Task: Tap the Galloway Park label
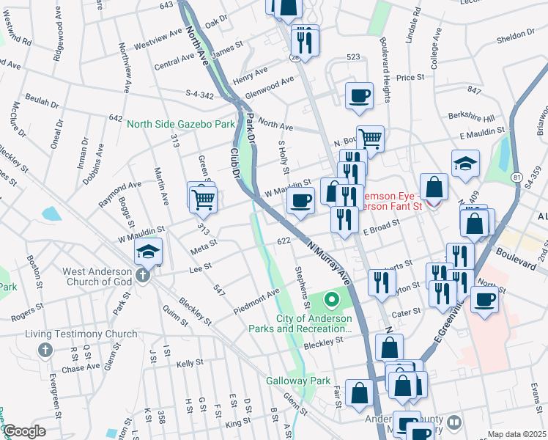pos(298,381)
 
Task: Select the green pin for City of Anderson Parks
pos(330,299)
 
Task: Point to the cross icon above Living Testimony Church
pos(45,350)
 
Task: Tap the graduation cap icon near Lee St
pos(148,252)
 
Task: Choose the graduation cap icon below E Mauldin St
pos(465,164)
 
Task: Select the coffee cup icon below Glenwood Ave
pos(359,95)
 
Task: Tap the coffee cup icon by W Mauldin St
pos(300,200)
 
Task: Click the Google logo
pos(24,431)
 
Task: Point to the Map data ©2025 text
pos(516,434)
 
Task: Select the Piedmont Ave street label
pos(257,301)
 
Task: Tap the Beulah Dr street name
pos(41,97)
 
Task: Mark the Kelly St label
pos(189,363)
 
